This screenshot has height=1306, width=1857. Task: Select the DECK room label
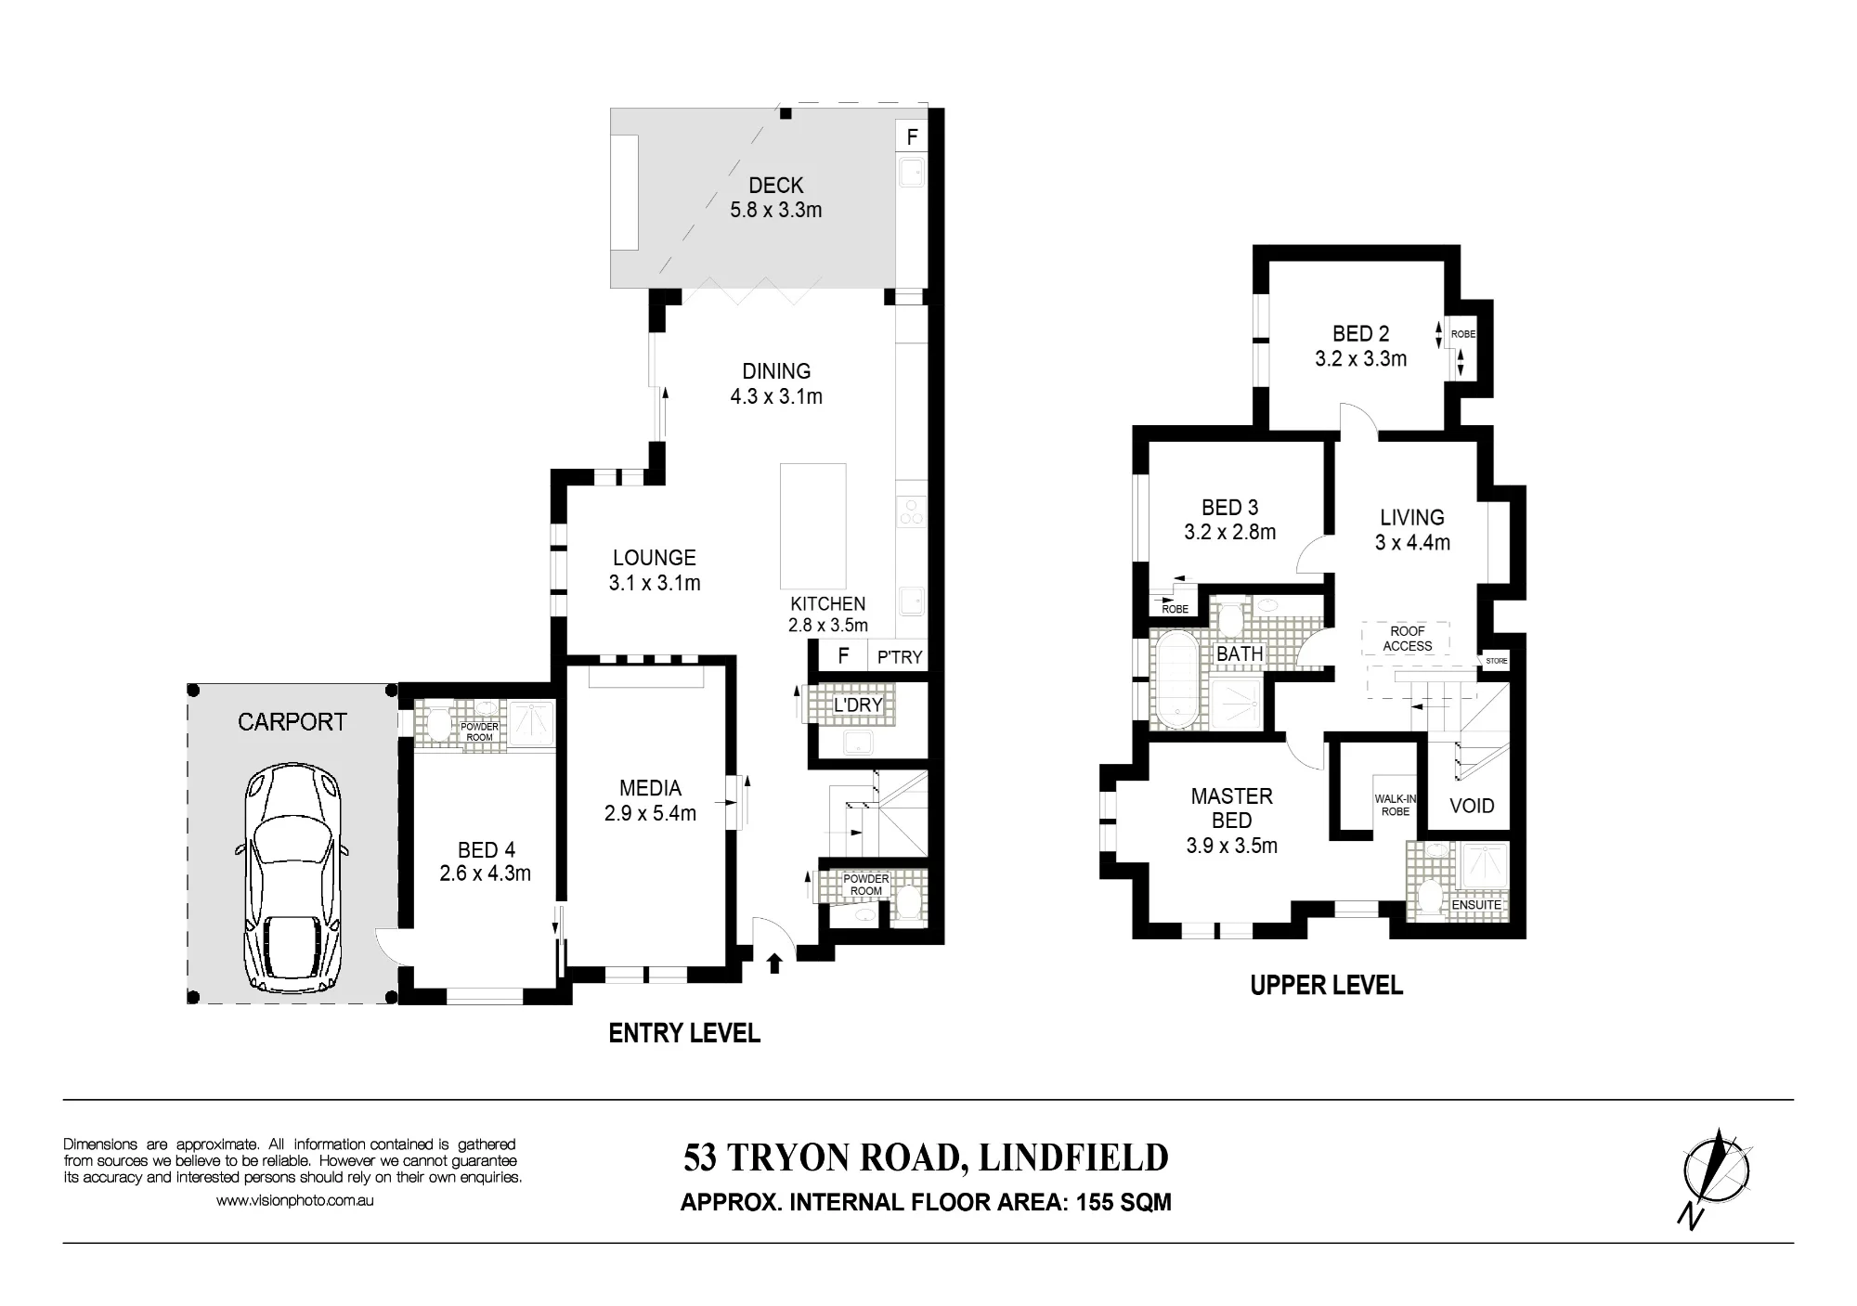click(775, 186)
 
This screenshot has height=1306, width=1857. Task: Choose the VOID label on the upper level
click(1472, 806)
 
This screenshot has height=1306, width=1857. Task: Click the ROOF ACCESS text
click(1408, 639)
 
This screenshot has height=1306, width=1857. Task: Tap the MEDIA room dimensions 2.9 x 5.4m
click(650, 814)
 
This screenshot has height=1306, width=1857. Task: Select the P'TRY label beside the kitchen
click(900, 657)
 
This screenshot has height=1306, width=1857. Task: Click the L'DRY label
click(857, 705)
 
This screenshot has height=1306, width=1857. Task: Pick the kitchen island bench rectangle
click(812, 525)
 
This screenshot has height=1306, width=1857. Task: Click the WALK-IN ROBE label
click(1396, 805)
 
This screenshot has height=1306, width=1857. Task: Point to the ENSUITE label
click(1476, 904)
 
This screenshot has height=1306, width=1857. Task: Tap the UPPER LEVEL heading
click(1326, 986)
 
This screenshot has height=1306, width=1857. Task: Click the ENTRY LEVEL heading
click(684, 1033)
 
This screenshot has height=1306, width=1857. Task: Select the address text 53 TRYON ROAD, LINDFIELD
click(926, 1157)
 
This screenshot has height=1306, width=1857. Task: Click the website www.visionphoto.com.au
click(295, 1200)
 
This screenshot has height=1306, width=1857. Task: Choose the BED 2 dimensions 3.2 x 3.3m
click(1360, 358)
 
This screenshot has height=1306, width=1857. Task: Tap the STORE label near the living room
click(1497, 661)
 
